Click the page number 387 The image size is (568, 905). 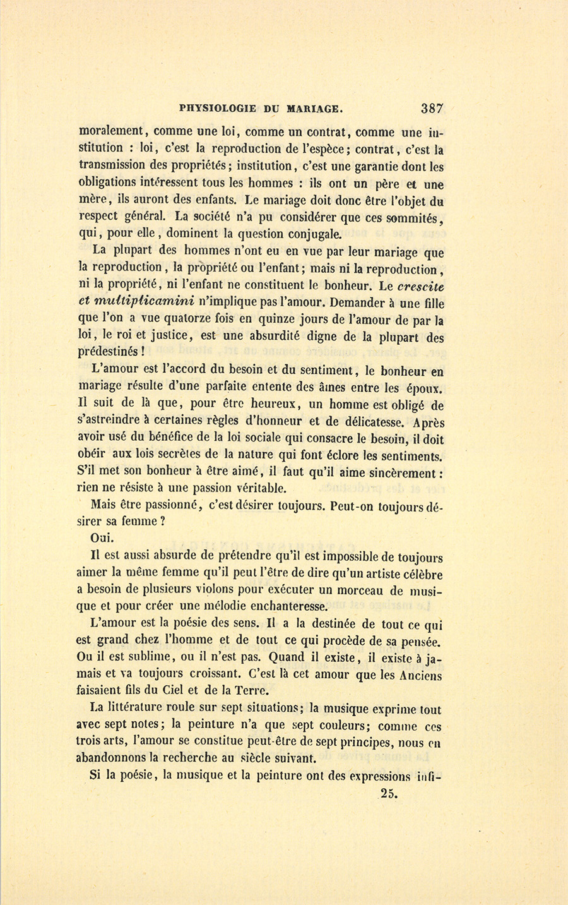click(432, 108)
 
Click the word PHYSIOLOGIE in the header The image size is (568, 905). click(218, 109)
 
